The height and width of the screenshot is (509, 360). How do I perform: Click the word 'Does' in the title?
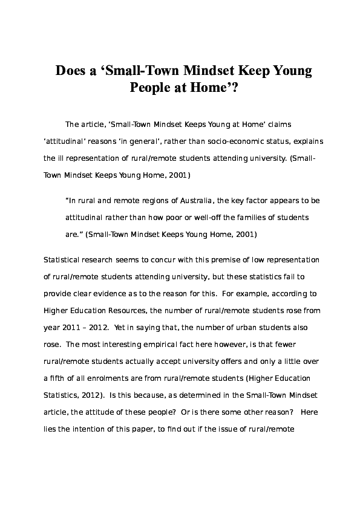point(71,71)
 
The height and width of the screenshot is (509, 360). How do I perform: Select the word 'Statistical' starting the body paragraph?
point(64,261)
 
